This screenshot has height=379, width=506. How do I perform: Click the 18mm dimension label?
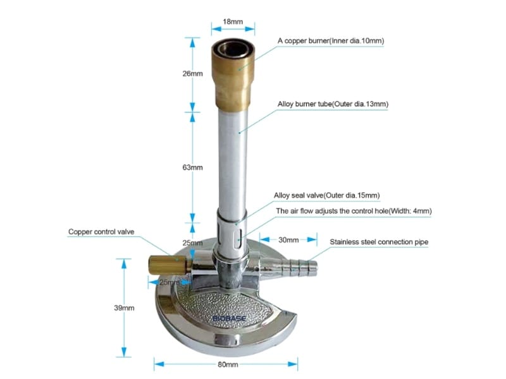233,21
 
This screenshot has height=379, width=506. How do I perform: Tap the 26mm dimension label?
193,73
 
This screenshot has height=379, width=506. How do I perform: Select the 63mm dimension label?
193,167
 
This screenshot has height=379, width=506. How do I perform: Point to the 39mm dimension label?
124,308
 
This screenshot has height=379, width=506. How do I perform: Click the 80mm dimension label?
228,364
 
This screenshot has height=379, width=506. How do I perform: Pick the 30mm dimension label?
288,240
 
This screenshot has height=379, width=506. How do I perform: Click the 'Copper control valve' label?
101,232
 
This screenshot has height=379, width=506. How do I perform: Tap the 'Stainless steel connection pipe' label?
379,242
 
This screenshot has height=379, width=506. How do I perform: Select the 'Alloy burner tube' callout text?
333,104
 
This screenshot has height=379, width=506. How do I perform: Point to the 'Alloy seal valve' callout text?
327,195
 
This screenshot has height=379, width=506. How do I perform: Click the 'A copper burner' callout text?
331,41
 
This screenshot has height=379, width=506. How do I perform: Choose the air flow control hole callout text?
354,211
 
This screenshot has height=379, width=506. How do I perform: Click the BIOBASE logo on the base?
230,318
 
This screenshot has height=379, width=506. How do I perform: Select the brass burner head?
233,75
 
